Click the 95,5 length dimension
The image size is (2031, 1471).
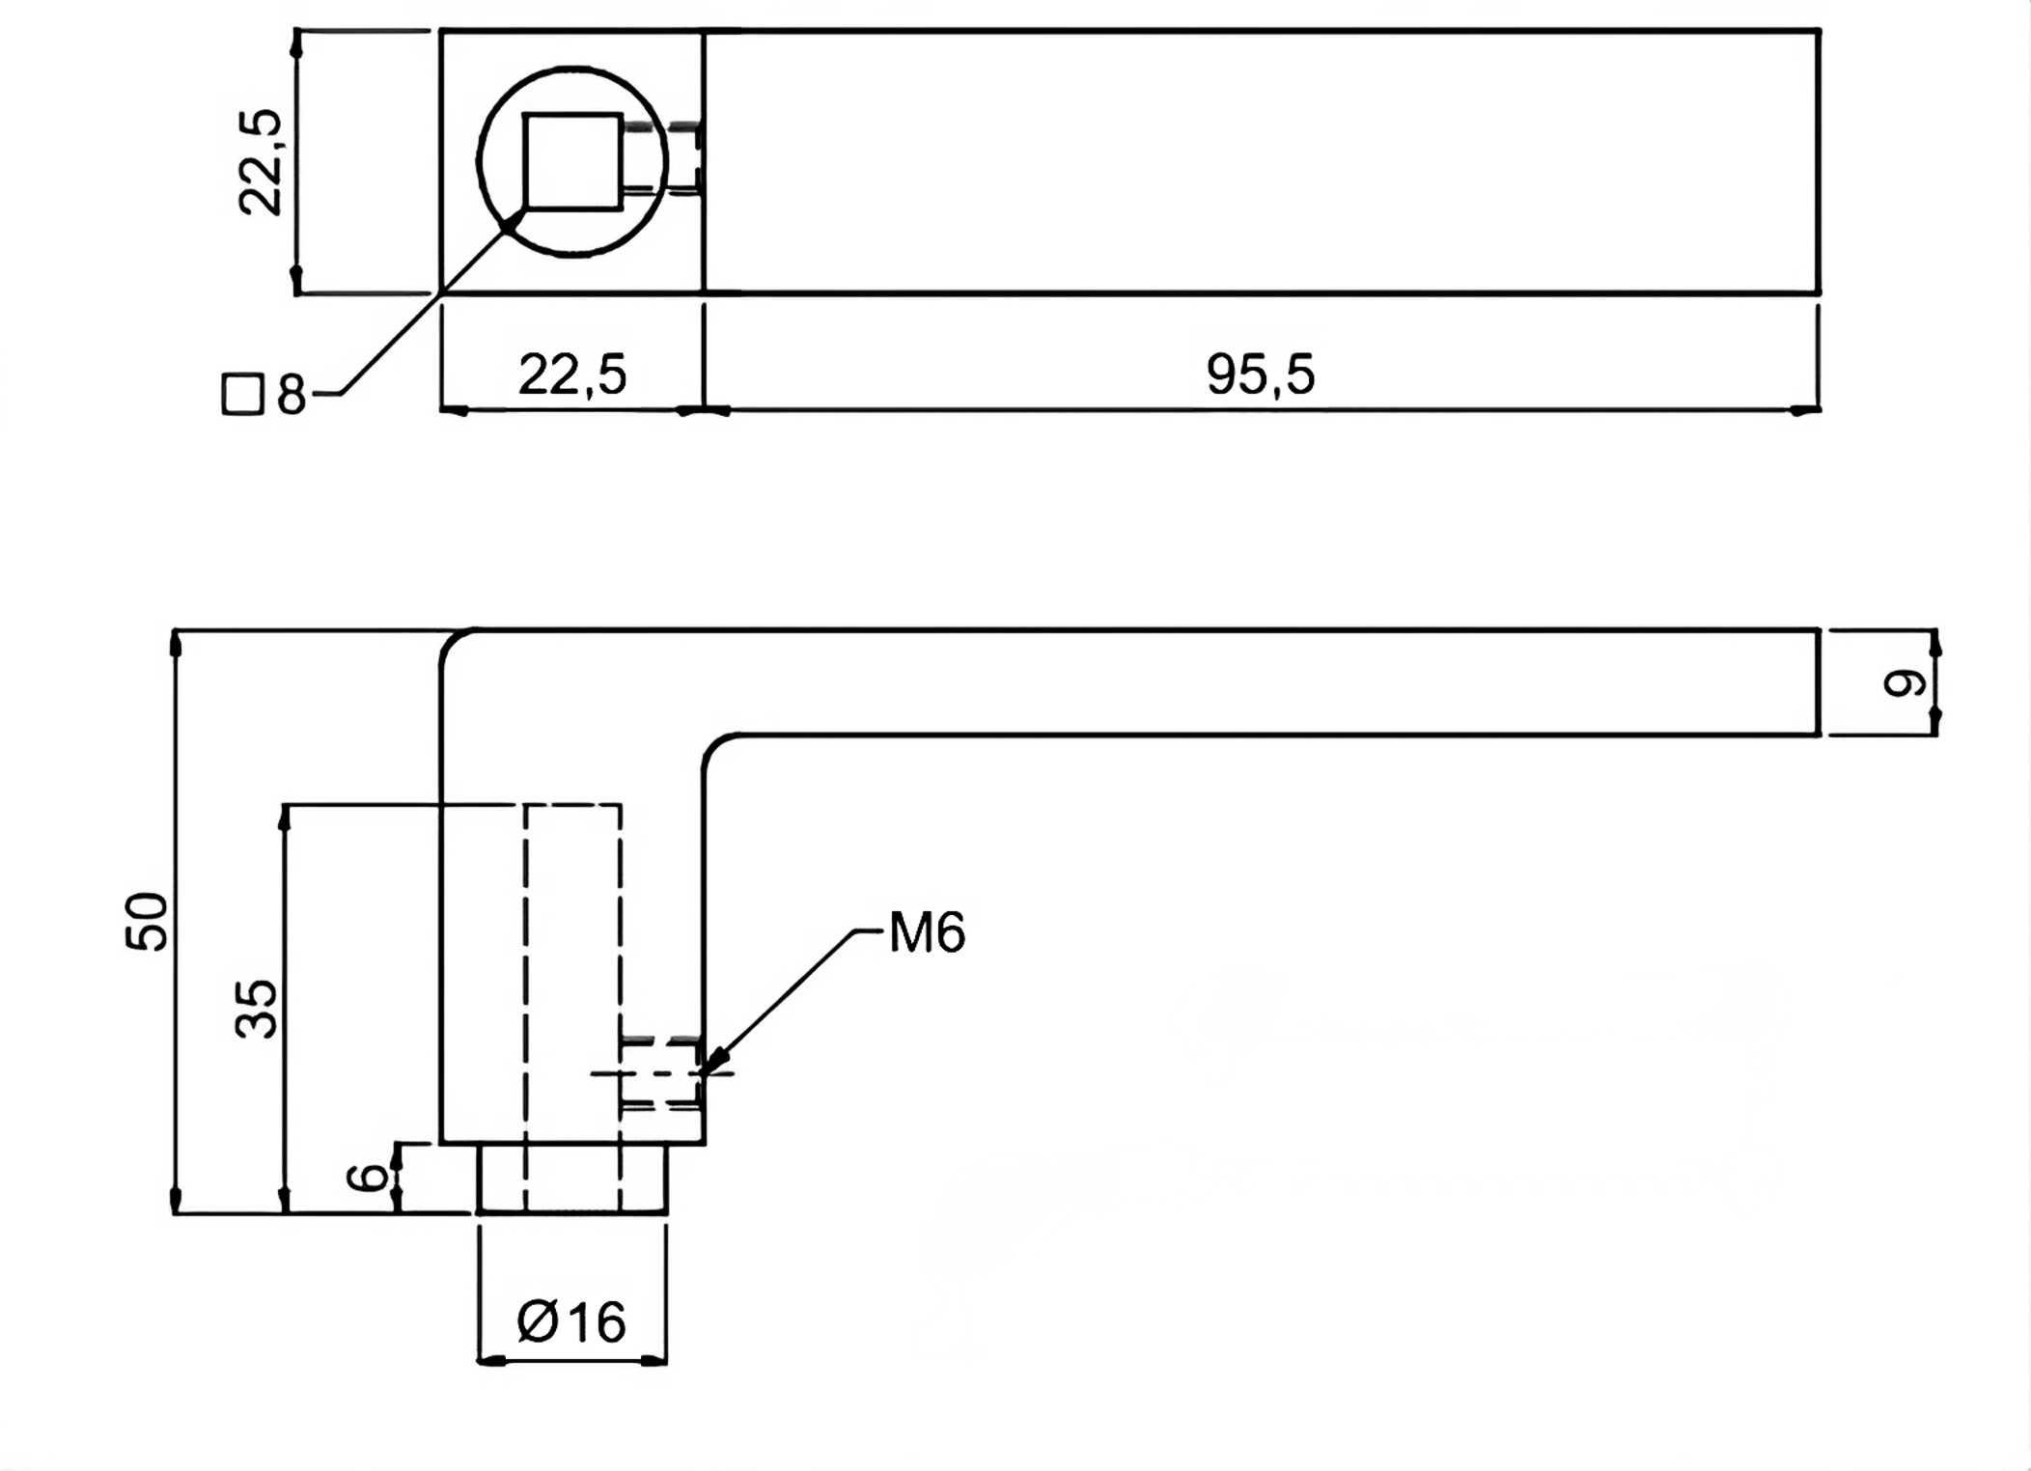1260,375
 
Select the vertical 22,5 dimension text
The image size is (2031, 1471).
261,162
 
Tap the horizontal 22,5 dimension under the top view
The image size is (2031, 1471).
572,375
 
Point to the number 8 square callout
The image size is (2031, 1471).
291,395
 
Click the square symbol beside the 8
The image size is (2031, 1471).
242,395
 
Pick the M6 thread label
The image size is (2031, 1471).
927,932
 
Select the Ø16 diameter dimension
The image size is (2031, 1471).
571,1321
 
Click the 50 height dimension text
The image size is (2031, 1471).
148,922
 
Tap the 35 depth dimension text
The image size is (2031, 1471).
257,1009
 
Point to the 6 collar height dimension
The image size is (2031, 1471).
367,1178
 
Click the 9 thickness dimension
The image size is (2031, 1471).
1905,683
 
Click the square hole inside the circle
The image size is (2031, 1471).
572,161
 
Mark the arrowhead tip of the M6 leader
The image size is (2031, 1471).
707,1069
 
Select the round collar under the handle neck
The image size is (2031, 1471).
571,1178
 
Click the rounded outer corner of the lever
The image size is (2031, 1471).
454,644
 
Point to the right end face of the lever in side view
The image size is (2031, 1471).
1819,682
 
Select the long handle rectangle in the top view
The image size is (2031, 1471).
1261,162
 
